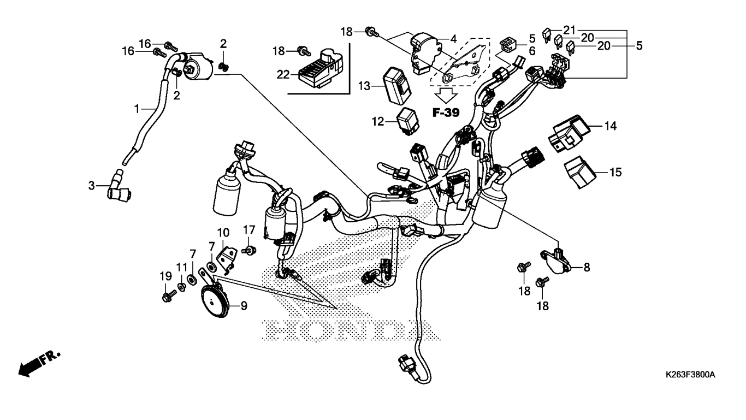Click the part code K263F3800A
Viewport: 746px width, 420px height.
click(690, 375)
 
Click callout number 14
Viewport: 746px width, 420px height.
click(610, 126)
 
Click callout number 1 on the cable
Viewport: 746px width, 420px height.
click(137, 109)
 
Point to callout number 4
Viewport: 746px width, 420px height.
click(453, 39)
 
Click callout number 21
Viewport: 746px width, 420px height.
click(570, 29)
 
